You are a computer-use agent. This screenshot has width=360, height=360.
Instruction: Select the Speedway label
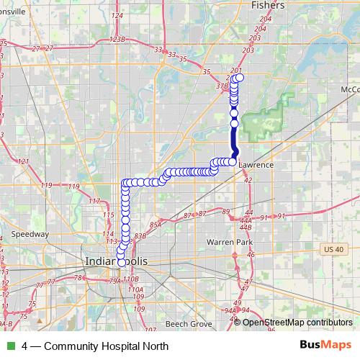30,234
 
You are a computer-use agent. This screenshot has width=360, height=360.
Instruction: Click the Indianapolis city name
116,261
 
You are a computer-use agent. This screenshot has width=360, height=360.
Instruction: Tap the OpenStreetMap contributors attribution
297,323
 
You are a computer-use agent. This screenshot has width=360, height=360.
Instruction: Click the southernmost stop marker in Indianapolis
121,264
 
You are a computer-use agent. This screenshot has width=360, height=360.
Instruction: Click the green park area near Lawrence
261,120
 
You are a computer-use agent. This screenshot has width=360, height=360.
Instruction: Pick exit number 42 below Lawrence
248,181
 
